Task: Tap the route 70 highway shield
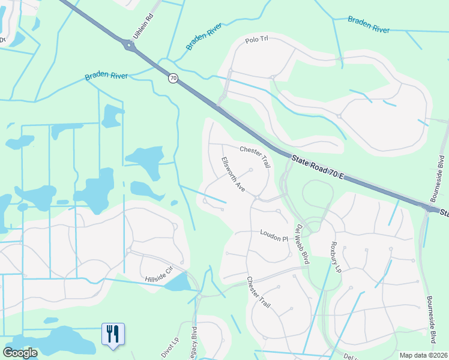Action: (x=173, y=79)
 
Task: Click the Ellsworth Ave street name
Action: (x=234, y=175)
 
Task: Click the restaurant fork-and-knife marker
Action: (x=113, y=334)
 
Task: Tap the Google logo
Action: (x=20, y=353)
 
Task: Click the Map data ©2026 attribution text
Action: (x=423, y=355)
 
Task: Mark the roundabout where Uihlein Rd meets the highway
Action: (x=128, y=45)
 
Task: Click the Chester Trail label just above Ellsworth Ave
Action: (x=255, y=156)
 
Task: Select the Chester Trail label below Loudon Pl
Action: (x=259, y=293)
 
